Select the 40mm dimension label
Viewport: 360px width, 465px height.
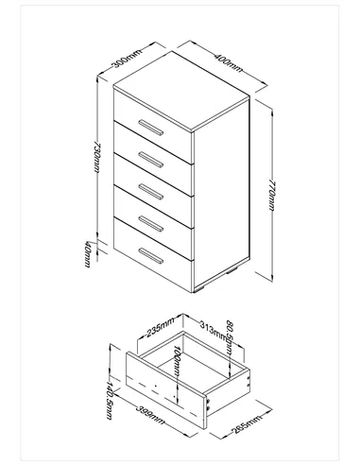coord(87,252)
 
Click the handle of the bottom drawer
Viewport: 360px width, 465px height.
coord(149,254)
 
